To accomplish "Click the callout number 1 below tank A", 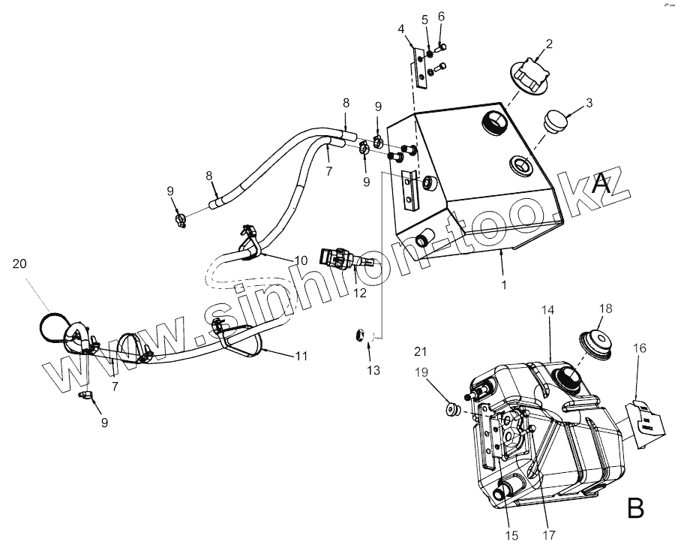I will [x=504, y=285].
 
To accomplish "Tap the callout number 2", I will [x=548, y=44].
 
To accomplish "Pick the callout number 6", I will [x=441, y=17].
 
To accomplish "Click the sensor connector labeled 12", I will [x=340, y=257].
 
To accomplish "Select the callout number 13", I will [x=373, y=370].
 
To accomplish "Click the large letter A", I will [x=599, y=183].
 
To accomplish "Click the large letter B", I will [x=635, y=509].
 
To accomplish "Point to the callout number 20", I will [x=20, y=263].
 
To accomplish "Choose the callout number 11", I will [x=300, y=357].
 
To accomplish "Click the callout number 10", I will [x=300, y=260].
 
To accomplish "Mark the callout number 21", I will [x=420, y=351].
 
